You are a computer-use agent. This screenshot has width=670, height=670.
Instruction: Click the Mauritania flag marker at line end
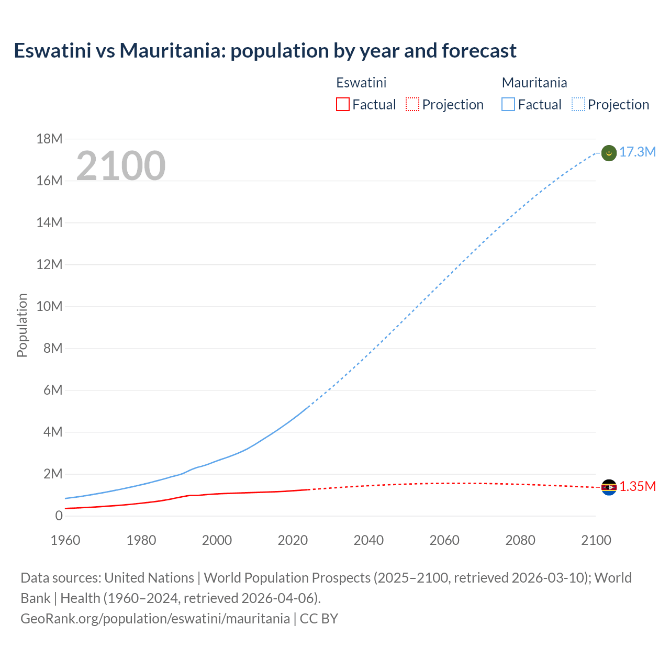(609, 153)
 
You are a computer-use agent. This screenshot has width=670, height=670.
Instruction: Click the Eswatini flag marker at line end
(609, 487)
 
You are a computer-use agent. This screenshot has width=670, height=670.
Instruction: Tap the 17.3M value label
(638, 152)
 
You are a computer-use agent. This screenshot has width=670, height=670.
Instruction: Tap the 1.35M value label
(638, 487)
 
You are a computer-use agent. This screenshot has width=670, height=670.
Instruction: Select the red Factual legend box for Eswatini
(342, 105)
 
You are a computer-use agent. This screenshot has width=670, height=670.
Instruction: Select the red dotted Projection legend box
(412, 105)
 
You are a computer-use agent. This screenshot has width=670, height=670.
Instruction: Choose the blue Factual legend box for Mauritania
(508, 105)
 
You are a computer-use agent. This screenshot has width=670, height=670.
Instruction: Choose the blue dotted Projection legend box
(578, 105)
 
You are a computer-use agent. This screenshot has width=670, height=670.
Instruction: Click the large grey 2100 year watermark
(121, 166)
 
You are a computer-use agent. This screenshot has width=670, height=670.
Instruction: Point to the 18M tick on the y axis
(49, 139)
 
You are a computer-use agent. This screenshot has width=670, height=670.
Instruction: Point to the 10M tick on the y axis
(49, 307)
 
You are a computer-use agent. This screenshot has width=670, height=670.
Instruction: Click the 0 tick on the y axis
(59, 516)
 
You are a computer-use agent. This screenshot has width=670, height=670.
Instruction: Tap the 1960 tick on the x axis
(65, 540)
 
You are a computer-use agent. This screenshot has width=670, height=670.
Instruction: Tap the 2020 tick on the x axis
(293, 540)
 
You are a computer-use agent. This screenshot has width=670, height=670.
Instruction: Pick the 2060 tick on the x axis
(444, 540)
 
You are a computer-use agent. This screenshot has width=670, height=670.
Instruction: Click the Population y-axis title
(22, 325)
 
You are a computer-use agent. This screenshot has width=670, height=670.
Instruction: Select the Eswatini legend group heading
(361, 83)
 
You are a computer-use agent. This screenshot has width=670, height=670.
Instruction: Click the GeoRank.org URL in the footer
(155, 619)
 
